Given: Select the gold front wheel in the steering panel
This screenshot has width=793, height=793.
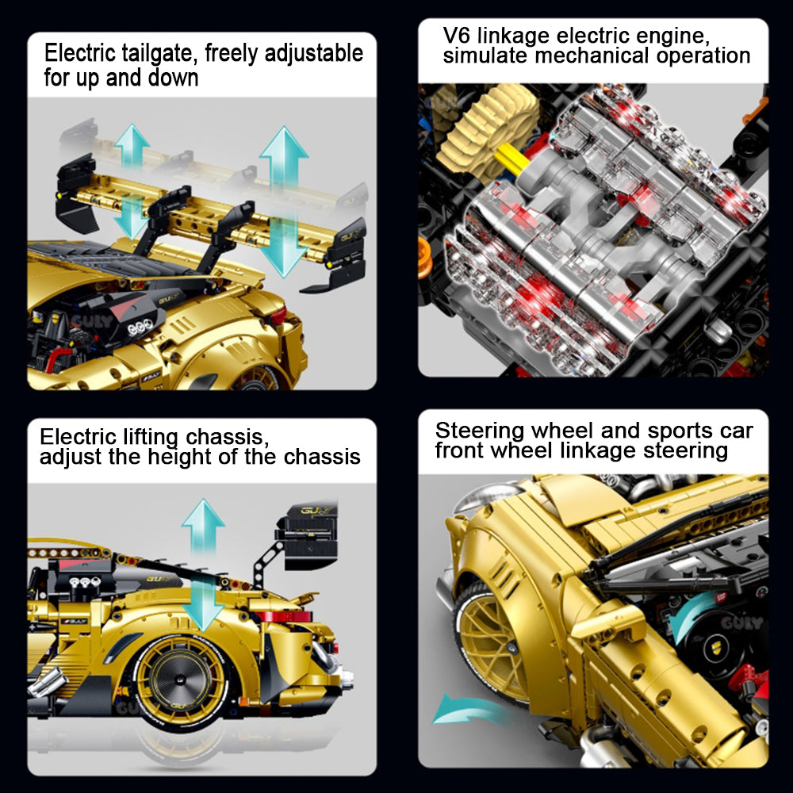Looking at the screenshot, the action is tap(487, 638).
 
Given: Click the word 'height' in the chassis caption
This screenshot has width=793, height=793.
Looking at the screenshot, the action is tap(180, 457).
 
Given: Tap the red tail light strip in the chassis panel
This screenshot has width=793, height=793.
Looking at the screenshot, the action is tap(283, 617).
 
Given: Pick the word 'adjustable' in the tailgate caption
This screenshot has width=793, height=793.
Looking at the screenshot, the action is tap(314, 54).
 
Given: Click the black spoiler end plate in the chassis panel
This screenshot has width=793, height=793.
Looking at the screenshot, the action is tap(306, 537).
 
